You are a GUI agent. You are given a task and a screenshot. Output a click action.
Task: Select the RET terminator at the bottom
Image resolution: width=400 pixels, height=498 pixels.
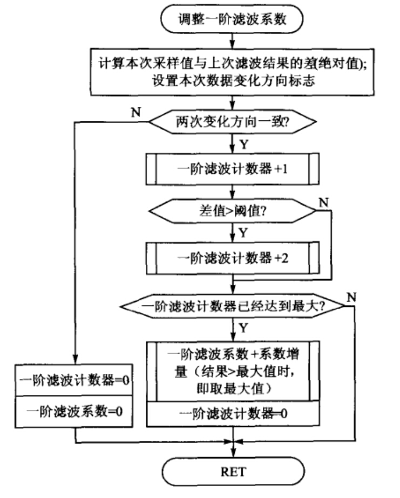coord(233,472)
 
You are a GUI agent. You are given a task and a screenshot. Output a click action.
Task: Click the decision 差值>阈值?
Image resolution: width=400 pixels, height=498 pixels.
coord(233,210)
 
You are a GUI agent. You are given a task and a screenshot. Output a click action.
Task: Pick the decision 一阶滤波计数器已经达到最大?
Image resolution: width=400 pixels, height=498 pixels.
coord(233,305)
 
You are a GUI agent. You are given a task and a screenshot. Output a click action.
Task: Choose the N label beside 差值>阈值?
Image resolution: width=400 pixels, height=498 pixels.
coord(323,202)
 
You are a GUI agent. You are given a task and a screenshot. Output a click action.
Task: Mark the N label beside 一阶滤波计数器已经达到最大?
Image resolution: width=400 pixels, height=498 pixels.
coord(351,296)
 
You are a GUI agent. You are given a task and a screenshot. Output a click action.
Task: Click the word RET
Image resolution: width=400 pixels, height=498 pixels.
coord(233,472)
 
